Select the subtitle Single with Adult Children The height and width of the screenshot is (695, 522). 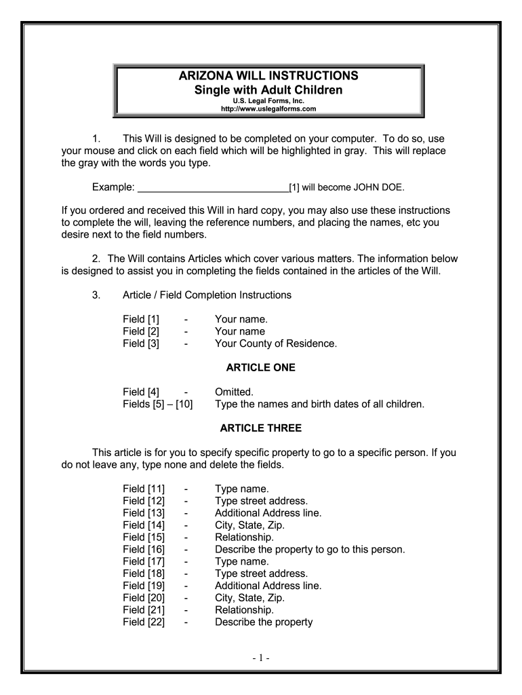tap(269, 90)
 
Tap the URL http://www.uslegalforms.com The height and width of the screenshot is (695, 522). tap(270, 109)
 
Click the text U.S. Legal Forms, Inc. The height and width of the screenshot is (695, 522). tap(269, 100)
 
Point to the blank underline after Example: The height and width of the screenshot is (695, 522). tap(213, 187)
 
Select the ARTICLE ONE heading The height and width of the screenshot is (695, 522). tap(260, 368)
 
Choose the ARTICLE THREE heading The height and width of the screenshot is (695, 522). tap(260, 428)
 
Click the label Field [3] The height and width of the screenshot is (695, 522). tap(143, 343)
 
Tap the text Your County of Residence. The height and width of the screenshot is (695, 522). tap(275, 343)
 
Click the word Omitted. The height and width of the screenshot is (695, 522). tap(234, 392)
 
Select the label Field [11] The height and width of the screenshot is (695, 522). tap(144, 489)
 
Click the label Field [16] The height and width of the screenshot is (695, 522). tap(144, 549)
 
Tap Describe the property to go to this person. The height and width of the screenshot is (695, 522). tap(310, 549)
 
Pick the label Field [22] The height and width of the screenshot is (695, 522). tap(144, 622)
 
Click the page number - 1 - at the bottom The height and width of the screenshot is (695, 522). tap(260, 658)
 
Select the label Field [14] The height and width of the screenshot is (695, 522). tap(144, 525)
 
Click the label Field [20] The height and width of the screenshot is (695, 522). tap(144, 598)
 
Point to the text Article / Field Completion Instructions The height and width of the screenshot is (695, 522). tap(207, 295)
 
